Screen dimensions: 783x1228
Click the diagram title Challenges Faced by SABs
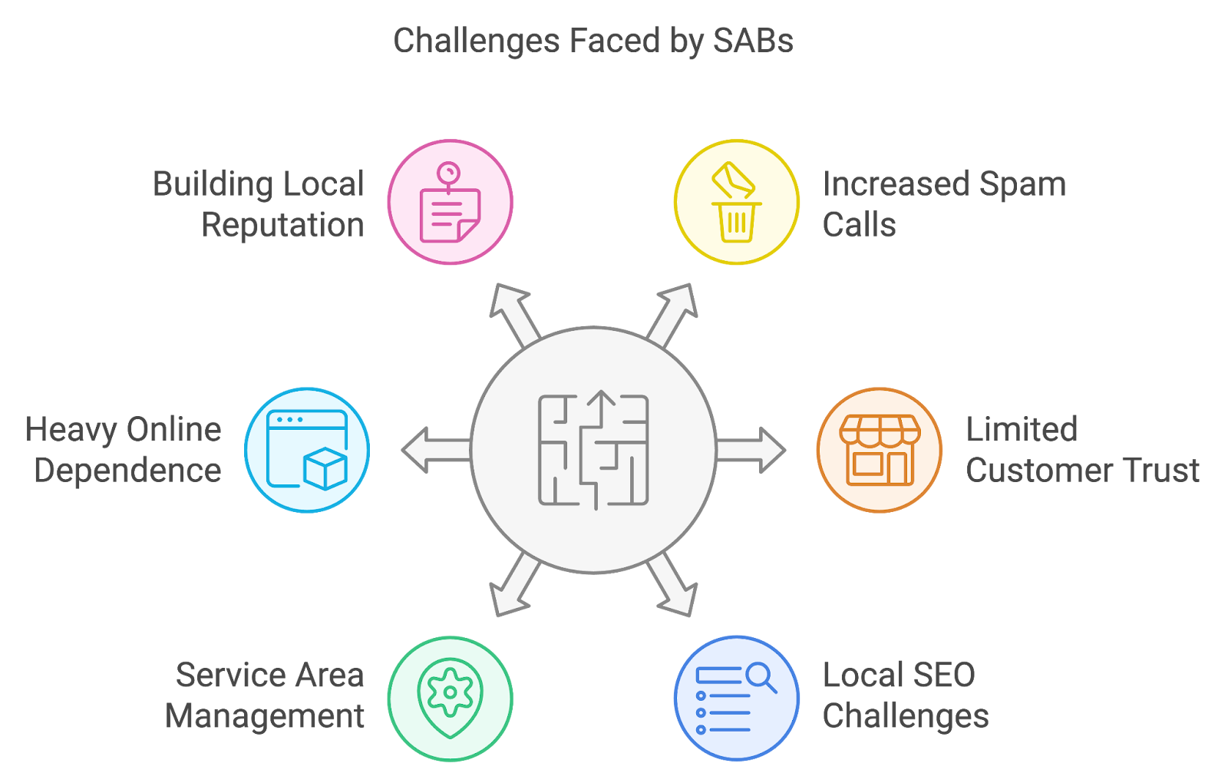click(593, 41)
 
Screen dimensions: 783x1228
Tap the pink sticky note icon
click(450, 203)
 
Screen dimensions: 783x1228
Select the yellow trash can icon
click(736, 203)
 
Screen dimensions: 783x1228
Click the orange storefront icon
click(880, 450)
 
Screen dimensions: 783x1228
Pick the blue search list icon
click(736, 698)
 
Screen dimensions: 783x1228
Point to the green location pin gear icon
click(450, 698)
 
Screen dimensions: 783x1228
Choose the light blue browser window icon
click(307, 450)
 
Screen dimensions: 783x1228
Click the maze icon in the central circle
click(593, 450)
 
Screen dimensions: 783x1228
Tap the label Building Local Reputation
click(259, 204)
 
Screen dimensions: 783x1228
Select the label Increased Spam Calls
click(944, 204)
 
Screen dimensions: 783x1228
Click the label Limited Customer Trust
click(1082, 450)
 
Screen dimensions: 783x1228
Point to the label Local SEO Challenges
click(906, 695)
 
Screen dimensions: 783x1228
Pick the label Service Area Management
click(265, 695)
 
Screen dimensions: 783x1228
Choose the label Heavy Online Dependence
click(124, 450)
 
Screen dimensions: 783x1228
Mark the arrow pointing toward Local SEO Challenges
click(673, 587)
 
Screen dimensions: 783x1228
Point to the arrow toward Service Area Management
click(513, 587)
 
